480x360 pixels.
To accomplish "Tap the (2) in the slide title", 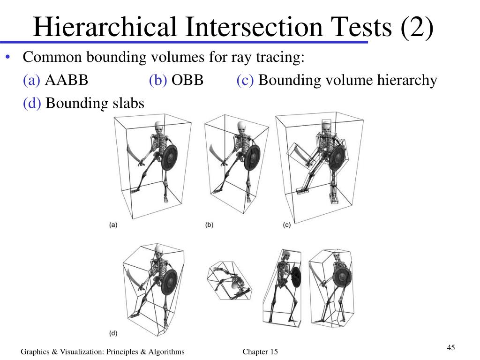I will (417, 27).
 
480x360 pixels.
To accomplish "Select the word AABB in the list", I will (67, 80).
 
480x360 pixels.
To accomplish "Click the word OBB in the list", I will (187, 80).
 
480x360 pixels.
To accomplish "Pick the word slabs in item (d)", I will (127, 103).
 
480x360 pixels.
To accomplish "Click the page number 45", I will (451, 347).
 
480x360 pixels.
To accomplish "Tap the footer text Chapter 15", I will (260, 352).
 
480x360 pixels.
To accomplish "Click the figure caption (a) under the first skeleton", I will (113, 225).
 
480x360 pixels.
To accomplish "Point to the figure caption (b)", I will (209, 225).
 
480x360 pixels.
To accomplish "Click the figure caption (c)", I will (287, 225).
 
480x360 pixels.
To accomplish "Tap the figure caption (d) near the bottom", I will (113, 334).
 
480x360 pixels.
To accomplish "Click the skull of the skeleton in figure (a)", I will (159, 127).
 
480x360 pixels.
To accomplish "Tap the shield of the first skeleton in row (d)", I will (169, 281).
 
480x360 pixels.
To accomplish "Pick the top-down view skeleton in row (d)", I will (230, 281).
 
